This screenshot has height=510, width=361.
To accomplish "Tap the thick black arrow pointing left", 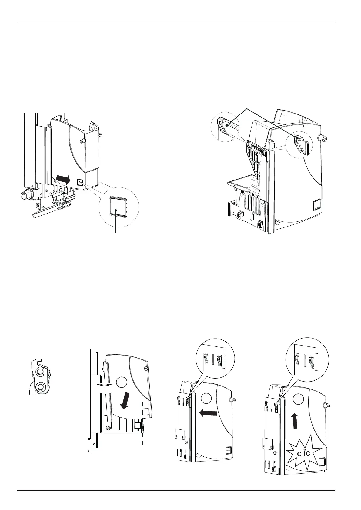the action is click(x=208, y=412).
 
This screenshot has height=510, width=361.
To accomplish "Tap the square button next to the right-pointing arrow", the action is click(x=80, y=182).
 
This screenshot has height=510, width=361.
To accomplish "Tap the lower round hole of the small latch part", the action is click(x=39, y=387).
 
